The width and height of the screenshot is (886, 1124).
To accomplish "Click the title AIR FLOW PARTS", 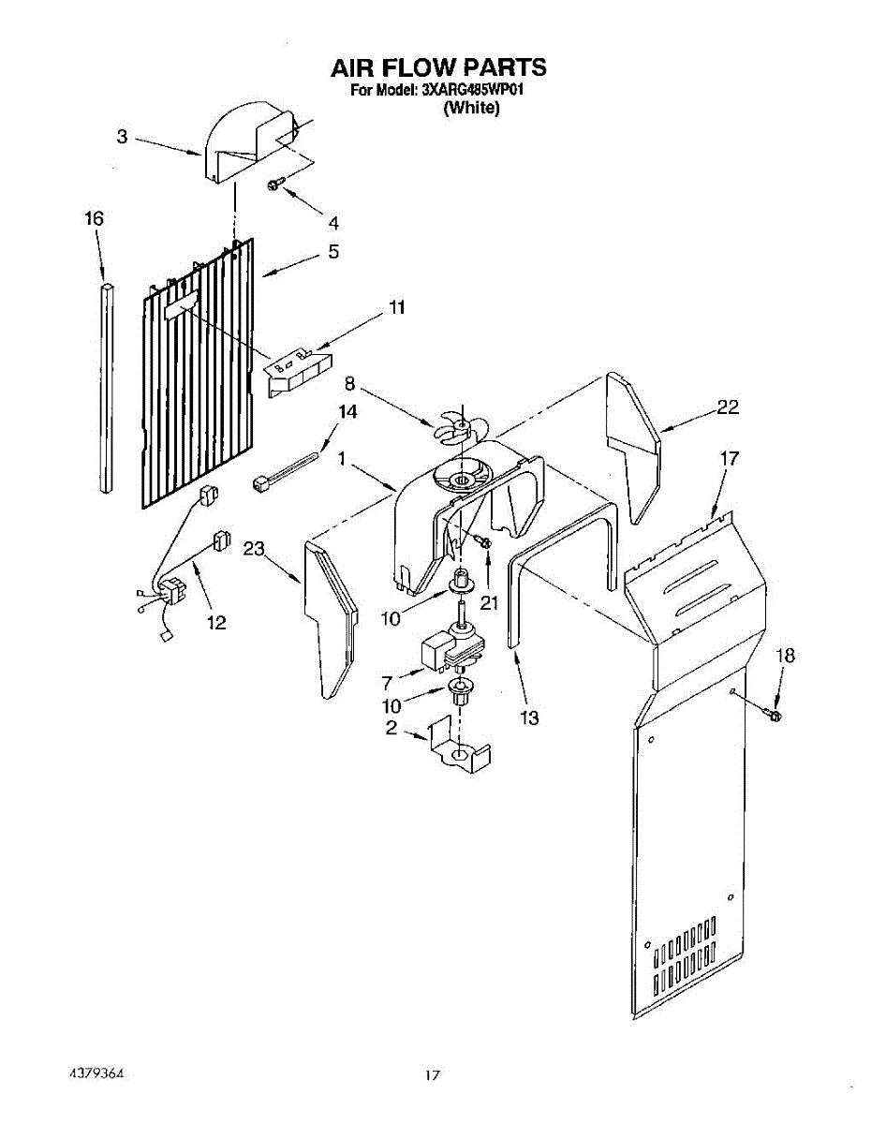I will tap(438, 68).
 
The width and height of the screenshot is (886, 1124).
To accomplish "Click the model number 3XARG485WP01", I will tap(470, 91).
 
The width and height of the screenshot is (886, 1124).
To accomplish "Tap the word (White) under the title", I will tap(471, 109).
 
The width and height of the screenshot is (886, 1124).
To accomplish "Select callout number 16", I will tap(93, 218).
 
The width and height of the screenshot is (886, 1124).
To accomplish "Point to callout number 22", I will tap(727, 407).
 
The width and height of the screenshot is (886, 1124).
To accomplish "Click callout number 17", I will tap(729, 458).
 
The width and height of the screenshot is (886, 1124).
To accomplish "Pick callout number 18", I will tap(785, 656).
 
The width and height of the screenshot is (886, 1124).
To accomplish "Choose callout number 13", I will tap(529, 718).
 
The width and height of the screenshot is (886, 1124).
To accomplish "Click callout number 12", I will tap(216, 622).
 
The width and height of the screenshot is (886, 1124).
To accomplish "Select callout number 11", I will tap(397, 306).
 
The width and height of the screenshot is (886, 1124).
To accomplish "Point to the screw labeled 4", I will tap(273, 185).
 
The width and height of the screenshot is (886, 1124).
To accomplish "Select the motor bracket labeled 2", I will tap(459, 750).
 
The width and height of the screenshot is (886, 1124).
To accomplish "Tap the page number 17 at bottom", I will tap(431, 1076).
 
